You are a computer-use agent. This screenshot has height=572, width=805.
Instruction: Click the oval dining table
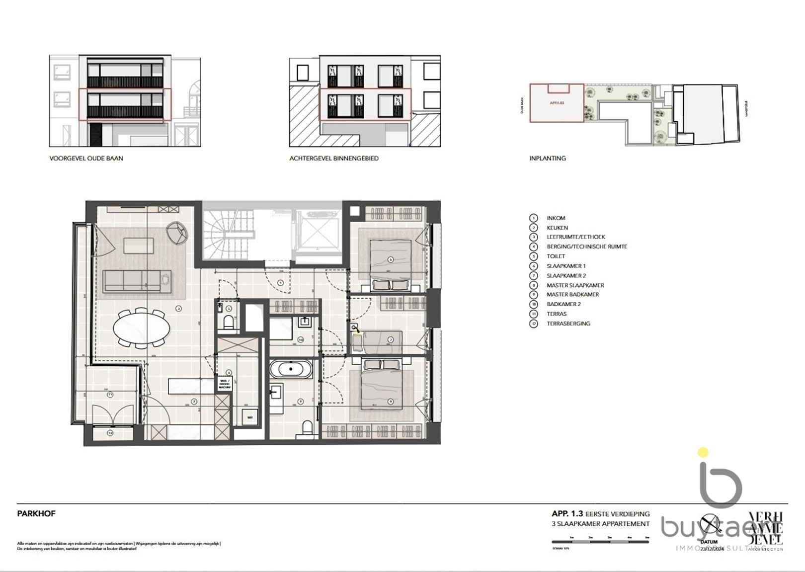[141, 328]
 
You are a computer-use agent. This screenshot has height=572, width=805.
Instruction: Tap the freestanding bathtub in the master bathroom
[291, 370]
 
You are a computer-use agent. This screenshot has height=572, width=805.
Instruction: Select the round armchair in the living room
[178, 232]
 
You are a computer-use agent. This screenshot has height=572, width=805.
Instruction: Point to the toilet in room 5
[229, 323]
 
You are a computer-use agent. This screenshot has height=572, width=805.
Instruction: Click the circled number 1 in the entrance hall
[280, 283]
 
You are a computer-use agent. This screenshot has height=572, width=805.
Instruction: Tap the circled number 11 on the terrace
[110, 395]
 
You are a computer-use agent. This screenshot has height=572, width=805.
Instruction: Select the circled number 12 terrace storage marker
[110, 433]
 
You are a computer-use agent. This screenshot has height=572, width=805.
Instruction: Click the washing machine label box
[225, 384]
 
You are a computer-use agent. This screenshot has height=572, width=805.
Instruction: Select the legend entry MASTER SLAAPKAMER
[575, 285]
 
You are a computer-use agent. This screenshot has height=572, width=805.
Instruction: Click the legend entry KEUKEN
[557, 228]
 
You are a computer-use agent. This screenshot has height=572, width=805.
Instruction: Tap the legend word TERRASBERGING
[568, 324]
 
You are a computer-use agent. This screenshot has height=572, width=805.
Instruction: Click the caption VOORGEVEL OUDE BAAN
[86, 159]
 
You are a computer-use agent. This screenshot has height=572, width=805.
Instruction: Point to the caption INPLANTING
[547, 159]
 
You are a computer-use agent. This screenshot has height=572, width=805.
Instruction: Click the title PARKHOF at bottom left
[36, 514]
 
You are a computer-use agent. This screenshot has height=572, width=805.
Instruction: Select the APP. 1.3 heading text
[567, 514]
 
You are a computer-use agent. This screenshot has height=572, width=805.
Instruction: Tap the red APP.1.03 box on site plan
[557, 103]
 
